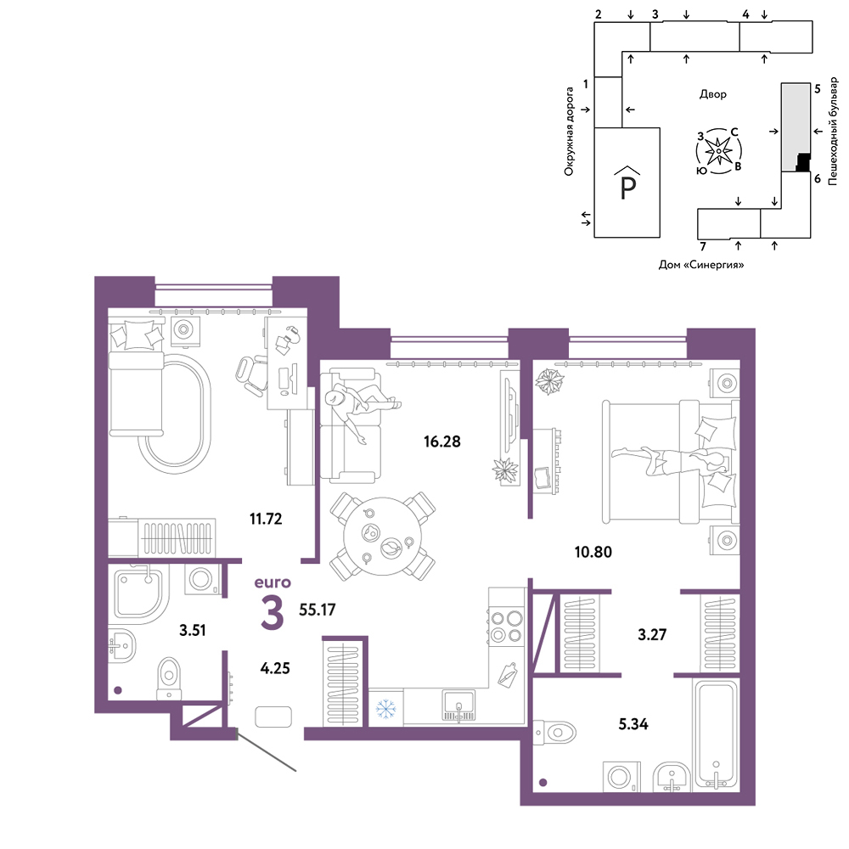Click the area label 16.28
[x=441, y=441]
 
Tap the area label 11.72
[x=265, y=519]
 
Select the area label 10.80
[x=593, y=552]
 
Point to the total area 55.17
[x=318, y=610]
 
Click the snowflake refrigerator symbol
[x=385, y=708]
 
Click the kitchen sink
[x=458, y=706]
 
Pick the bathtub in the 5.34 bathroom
[x=716, y=734]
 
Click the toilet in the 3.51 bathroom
[x=169, y=678]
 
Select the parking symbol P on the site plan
[x=627, y=183]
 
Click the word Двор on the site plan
[x=712, y=94]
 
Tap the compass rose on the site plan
[x=718, y=151]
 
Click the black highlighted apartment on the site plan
[x=803, y=162]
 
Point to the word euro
[x=273, y=582]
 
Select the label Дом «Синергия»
[x=700, y=265]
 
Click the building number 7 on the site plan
[x=703, y=246]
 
